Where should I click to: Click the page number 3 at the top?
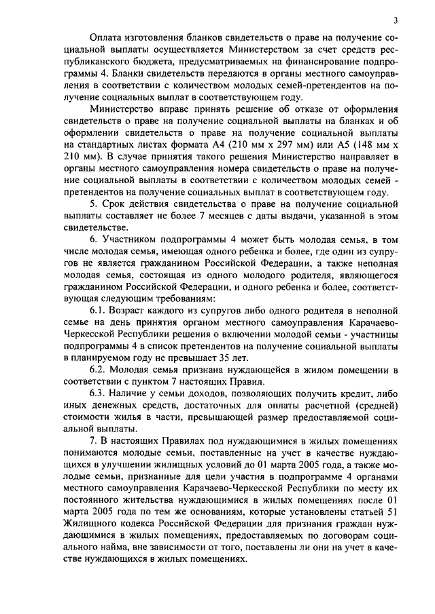pyautogui.click(x=394, y=21)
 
